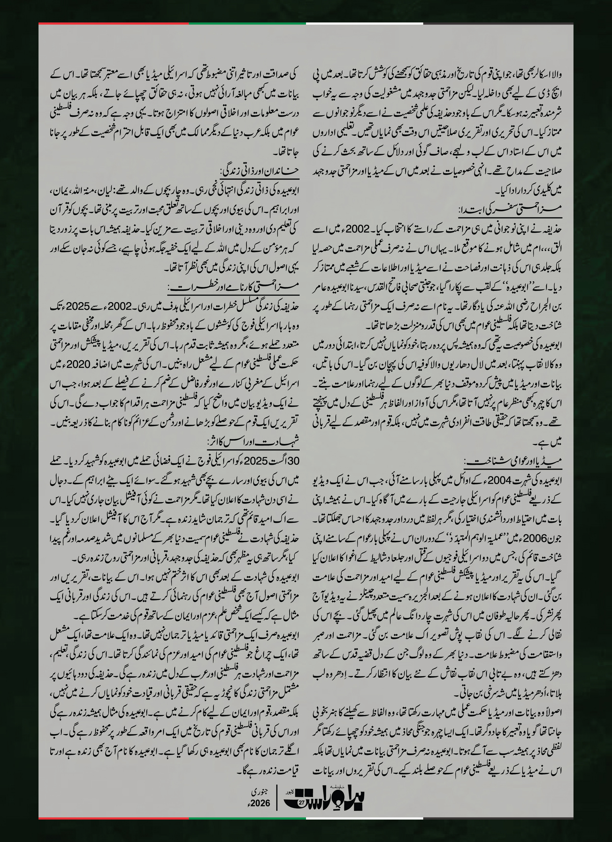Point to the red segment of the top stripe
click(x=113, y=23)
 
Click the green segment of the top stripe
click(x=247, y=23)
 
